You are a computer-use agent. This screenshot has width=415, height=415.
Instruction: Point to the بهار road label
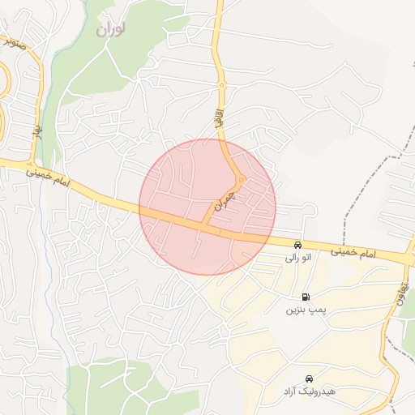(37, 129)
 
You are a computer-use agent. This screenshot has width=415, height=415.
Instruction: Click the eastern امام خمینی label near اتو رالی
(353, 254)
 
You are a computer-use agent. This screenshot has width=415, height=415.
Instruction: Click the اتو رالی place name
(297, 259)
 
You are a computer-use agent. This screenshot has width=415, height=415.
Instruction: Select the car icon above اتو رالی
(298, 245)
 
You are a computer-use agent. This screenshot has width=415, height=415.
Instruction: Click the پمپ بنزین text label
(305, 310)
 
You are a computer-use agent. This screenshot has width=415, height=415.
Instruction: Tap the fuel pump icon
(306, 297)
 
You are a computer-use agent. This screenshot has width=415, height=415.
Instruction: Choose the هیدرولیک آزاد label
(308, 391)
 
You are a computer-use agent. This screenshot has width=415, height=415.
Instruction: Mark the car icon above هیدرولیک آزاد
(309, 379)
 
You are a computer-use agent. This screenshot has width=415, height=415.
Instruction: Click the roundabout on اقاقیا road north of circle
(221, 84)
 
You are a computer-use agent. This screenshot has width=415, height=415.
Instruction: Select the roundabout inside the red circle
(241, 179)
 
